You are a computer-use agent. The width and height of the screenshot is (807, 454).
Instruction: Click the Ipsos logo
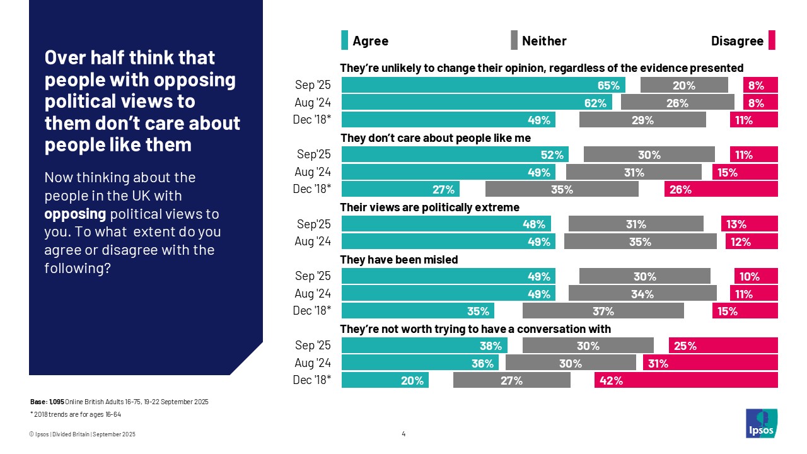pyautogui.click(x=762, y=423)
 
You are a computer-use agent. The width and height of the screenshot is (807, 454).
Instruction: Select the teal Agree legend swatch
pyautogui.click(x=344, y=40)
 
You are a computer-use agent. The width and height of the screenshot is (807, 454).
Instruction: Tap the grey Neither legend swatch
pyautogui.click(x=514, y=40)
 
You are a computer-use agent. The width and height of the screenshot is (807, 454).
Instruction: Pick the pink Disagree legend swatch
pyautogui.click(x=772, y=40)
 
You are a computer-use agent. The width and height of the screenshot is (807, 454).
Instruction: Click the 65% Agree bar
pyautogui.click(x=483, y=85)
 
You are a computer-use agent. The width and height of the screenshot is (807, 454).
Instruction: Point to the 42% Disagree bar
pyautogui.click(x=686, y=380)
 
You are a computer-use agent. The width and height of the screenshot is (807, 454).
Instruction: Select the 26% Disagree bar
pyautogui.click(x=721, y=189)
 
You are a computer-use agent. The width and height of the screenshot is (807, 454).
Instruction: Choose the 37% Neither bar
pyautogui.click(x=603, y=311)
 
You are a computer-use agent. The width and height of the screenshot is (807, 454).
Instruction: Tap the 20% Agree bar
pyautogui.click(x=385, y=380)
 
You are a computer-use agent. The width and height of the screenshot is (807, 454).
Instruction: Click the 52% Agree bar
pyautogui.click(x=455, y=154)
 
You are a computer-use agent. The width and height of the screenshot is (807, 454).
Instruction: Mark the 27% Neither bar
pyautogui.click(x=511, y=380)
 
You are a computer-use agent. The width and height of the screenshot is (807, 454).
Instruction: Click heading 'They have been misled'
pyautogui.click(x=398, y=259)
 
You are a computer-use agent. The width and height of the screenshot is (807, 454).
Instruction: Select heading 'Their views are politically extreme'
pyautogui.click(x=429, y=207)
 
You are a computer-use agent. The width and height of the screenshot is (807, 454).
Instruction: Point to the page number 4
pyautogui.click(x=403, y=434)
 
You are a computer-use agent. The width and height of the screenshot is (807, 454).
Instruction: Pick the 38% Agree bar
pyautogui.click(x=424, y=346)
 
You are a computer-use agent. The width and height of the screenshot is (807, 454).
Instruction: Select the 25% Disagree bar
pyautogui.click(x=723, y=346)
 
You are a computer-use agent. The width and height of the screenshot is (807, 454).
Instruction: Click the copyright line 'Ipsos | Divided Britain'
pyautogui.click(x=82, y=434)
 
